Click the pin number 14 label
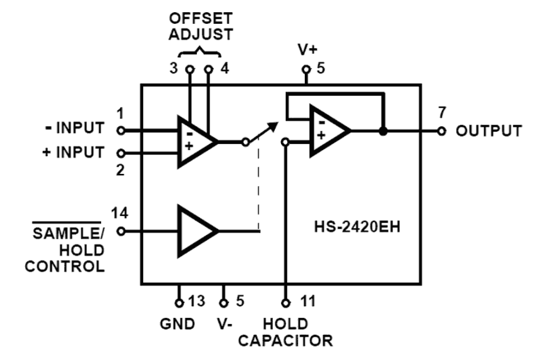(119, 213)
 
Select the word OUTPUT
(489, 131)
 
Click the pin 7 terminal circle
(441, 131)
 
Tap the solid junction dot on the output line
(383, 131)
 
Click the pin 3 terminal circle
(189, 69)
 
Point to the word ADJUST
(200, 35)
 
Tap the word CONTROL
(65, 266)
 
